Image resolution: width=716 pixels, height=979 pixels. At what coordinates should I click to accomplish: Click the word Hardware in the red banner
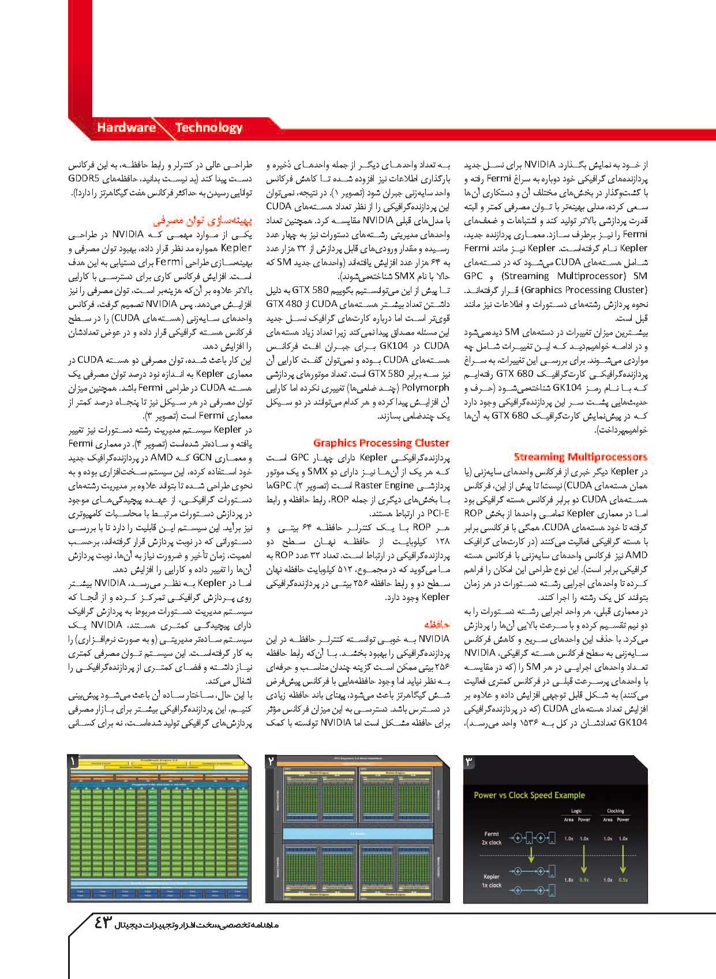[x=126, y=127]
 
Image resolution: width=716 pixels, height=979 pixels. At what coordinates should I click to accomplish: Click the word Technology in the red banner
[x=208, y=127]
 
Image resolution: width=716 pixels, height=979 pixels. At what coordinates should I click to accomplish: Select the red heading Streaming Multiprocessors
[x=580, y=457]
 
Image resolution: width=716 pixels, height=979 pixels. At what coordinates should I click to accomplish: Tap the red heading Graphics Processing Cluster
[x=381, y=442]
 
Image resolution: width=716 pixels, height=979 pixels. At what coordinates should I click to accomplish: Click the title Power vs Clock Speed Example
[x=529, y=795]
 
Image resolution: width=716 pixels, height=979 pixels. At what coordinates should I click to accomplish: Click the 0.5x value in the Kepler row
[x=623, y=880]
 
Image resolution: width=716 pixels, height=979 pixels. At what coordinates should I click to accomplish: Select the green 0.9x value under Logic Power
[x=584, y=880]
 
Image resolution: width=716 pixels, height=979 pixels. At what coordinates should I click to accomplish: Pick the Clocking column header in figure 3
[x=616, y=811]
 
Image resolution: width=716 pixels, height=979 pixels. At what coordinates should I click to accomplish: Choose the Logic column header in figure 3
[x=576, y=811]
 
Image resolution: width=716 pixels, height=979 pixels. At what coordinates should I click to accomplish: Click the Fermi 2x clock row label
[x=492, y=838]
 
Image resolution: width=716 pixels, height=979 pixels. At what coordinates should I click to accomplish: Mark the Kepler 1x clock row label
[x=492, y=880]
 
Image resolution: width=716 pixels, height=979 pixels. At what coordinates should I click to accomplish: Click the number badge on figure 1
[x=74, y=761]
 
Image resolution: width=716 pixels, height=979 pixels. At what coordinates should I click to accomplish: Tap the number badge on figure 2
[x=272, y=761]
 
